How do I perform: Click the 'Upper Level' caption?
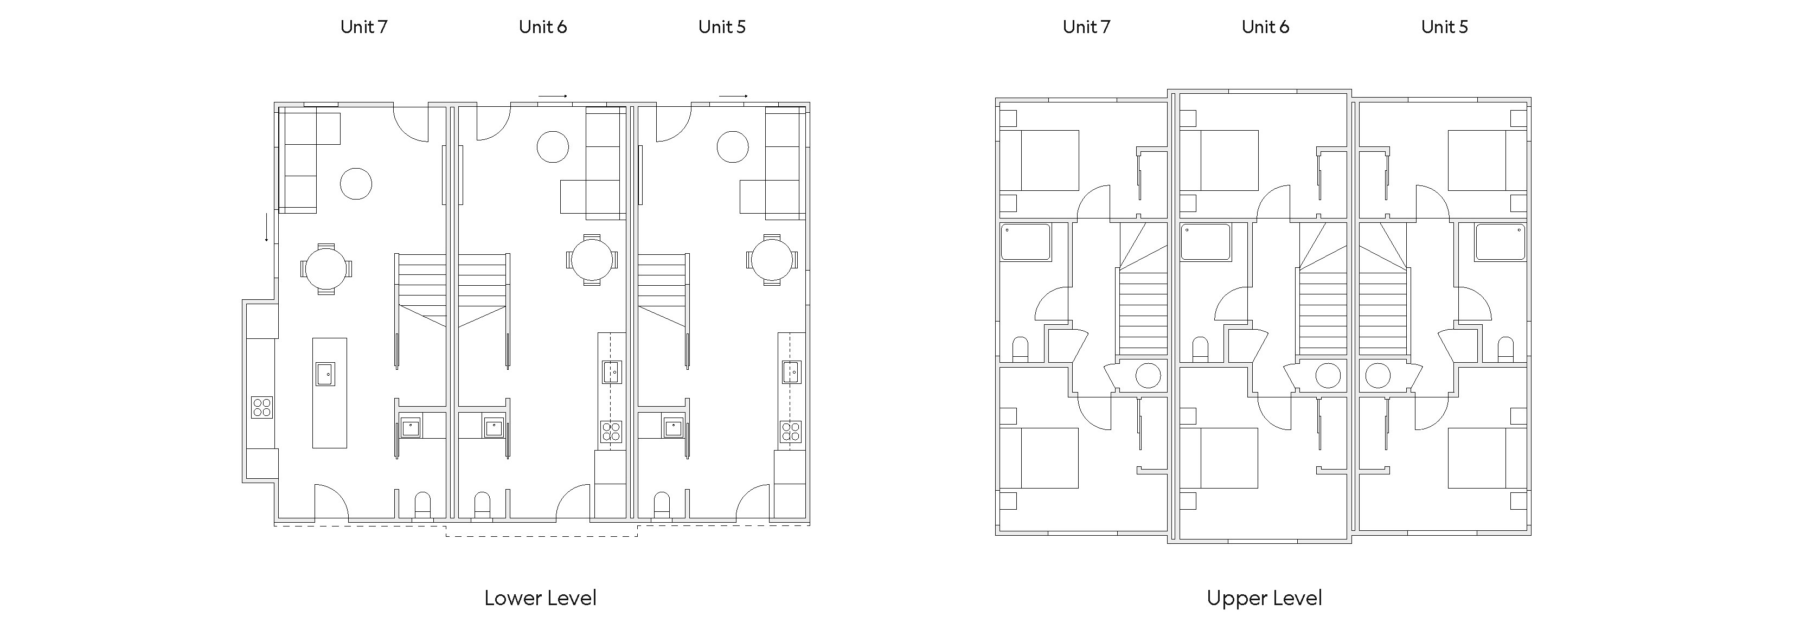pos(1264,598)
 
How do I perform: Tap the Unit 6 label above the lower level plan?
pos(542,27)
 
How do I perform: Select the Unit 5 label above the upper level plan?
pos(1444,27)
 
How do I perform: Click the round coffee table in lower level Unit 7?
pos(356,184)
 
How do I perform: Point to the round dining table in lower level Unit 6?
pos(591,260)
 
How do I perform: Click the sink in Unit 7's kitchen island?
pos(325,374)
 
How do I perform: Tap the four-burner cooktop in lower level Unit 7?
pos(262,407)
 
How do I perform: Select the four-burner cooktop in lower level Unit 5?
pos(791,432)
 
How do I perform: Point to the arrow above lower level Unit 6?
pos(553,96)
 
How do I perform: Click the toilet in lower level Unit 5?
pos(662,505)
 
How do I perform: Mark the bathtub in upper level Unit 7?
pos(1025,242)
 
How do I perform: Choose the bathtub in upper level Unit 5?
pos(1500,242)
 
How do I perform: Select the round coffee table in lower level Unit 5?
pos(733,147)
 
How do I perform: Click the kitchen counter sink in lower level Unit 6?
pos(611,372)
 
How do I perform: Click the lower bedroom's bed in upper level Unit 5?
pos(1488,458)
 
